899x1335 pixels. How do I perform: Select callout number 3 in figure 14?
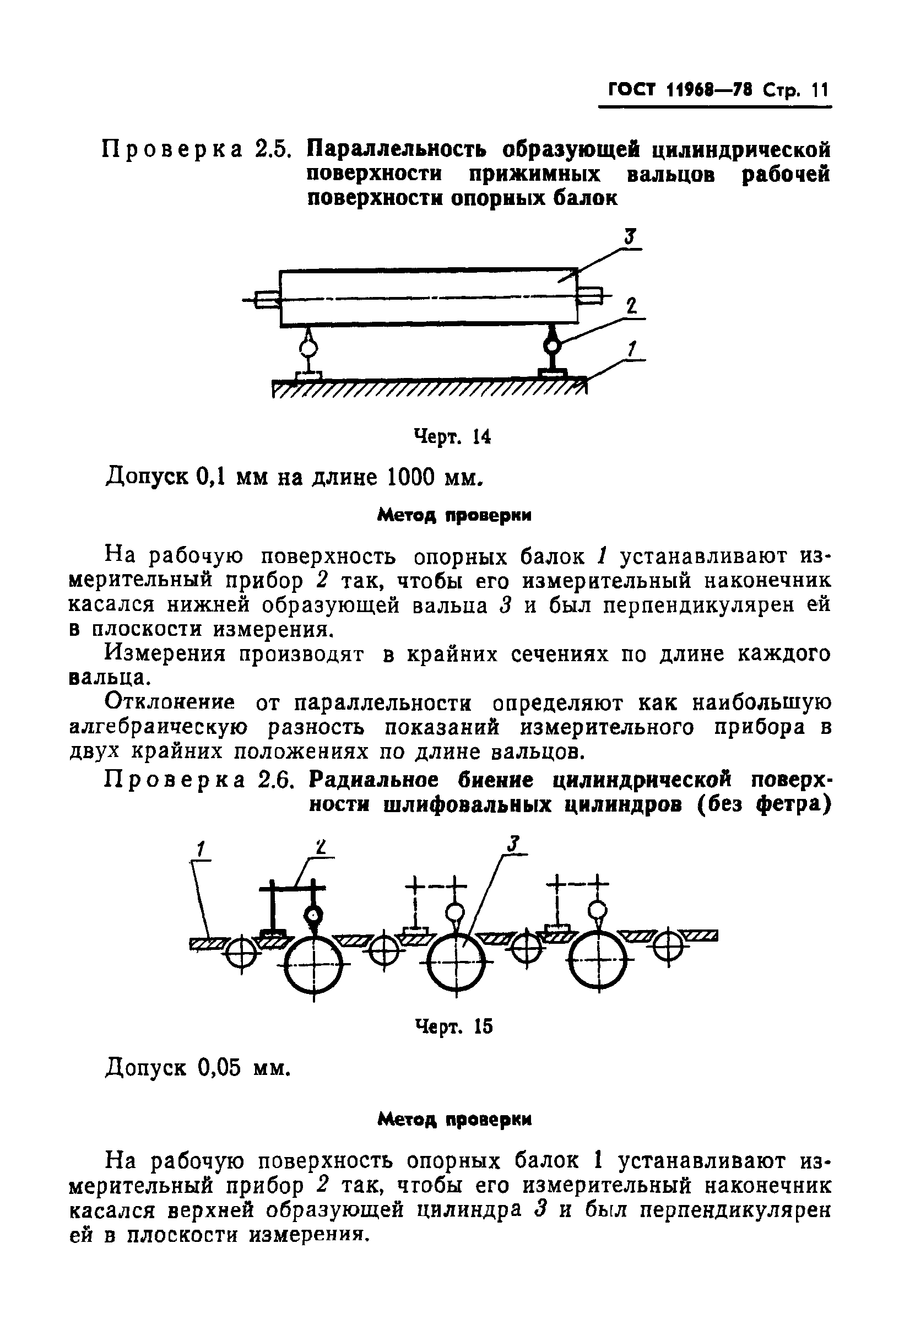tap(630, 237)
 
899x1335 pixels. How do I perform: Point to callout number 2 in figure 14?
tap(631, 306)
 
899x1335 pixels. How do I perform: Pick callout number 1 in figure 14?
tap(632, 349)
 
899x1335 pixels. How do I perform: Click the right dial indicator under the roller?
tap(552, 347)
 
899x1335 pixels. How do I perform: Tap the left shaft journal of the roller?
tap(266, 299)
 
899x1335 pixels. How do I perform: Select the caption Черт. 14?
tap(452, 437)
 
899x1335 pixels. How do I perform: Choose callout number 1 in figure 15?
tap(201, 848)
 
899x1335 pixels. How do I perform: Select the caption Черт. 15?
tap(453, 1026)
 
